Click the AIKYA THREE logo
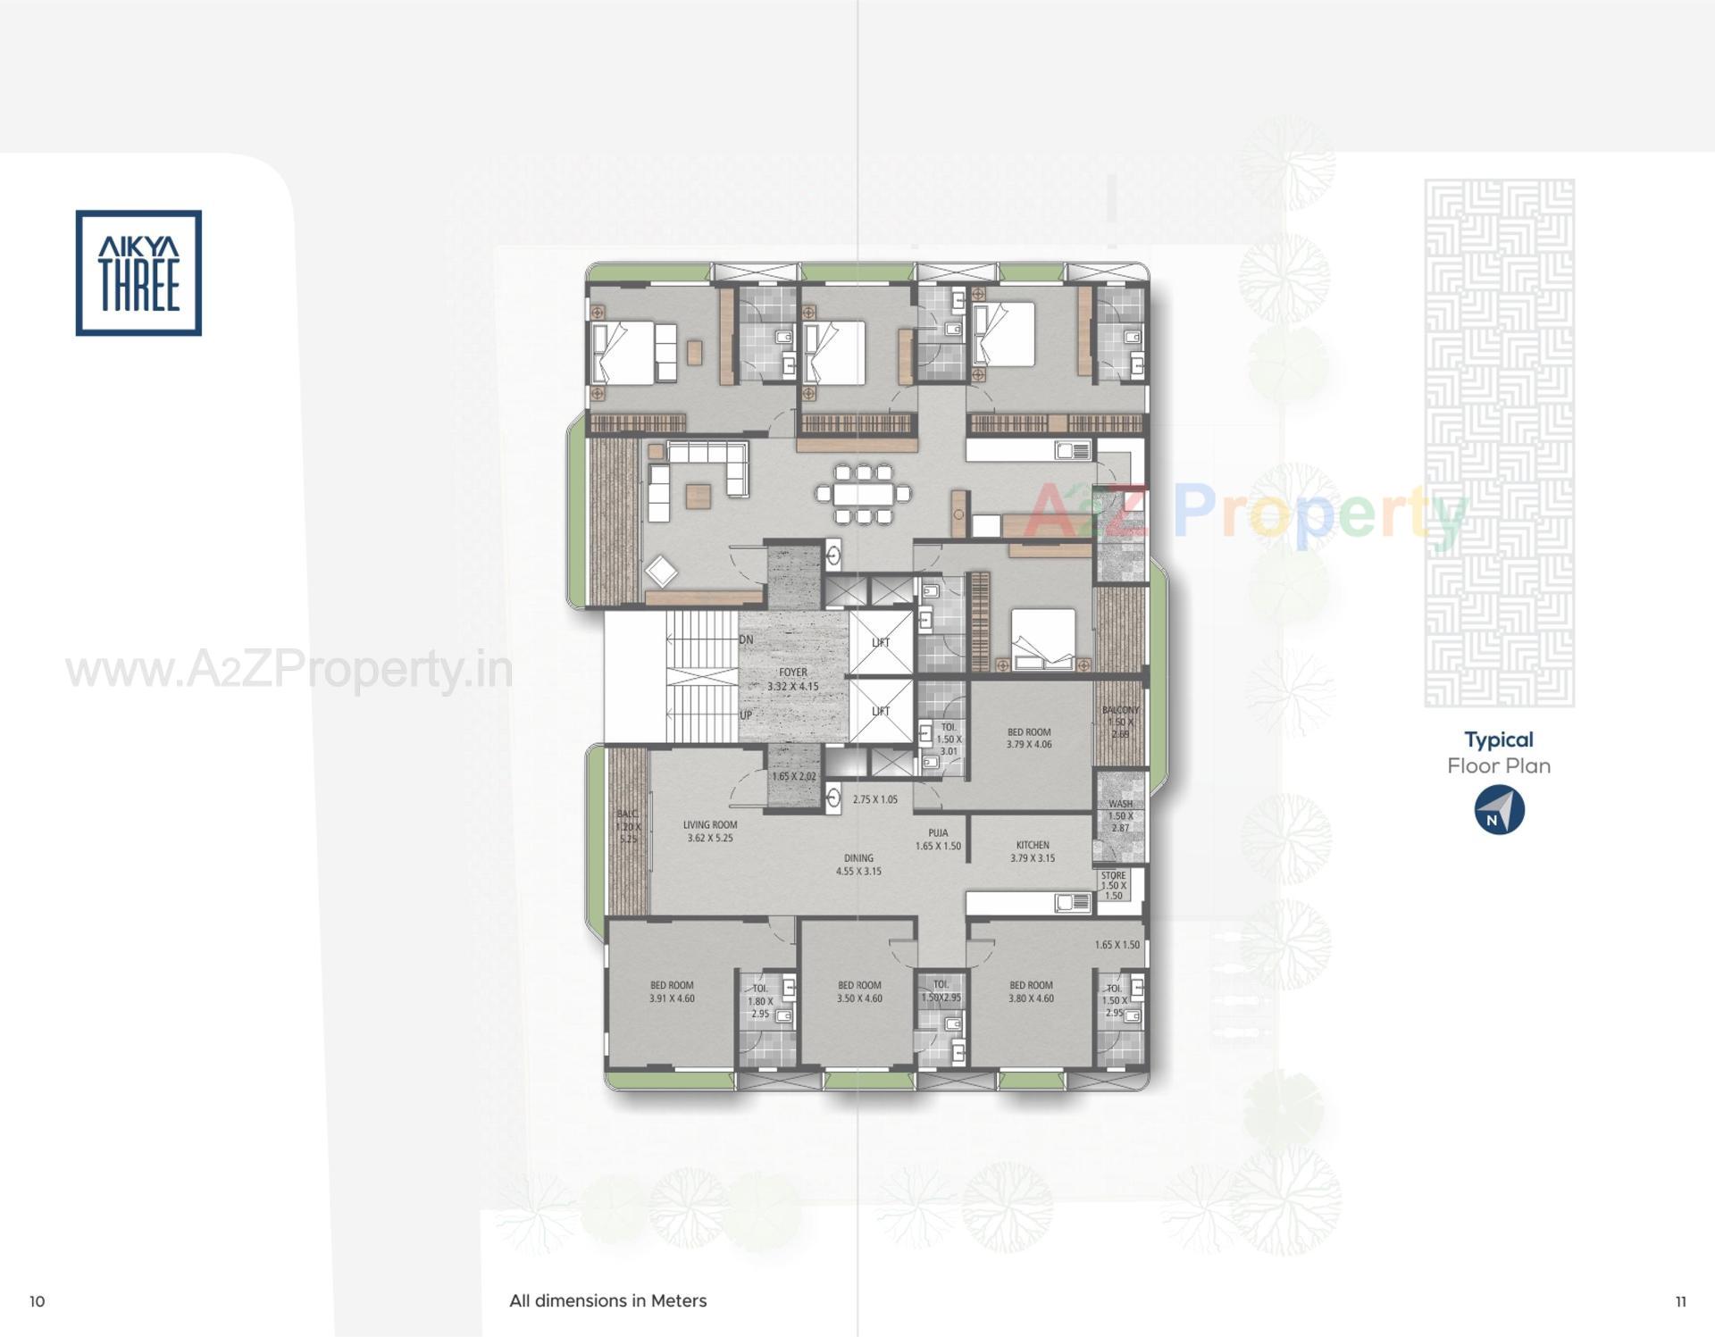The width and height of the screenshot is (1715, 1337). (138, 273)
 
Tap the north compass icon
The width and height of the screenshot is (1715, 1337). (1499, 810)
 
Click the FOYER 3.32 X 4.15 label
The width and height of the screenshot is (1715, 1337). (792, 680)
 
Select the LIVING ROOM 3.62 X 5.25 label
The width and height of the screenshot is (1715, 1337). (710, 831)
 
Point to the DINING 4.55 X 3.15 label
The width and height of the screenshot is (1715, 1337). (858, 865)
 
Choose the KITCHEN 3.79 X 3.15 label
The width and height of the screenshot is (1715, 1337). (1033, 851)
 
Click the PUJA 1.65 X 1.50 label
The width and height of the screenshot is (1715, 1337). (938, 840)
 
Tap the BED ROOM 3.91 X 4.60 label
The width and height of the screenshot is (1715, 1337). (672, 992)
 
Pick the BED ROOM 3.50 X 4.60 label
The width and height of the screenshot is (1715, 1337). (859, 992)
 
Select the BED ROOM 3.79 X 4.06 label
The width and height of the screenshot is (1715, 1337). (1029, 738)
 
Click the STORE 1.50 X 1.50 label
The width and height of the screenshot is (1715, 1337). (1113, 886)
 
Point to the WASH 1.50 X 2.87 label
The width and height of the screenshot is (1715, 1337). (1120, 815)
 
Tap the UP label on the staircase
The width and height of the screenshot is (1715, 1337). (746, 715)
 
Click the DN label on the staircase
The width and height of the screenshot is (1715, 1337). (746, 640)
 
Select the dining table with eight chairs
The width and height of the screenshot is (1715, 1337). (863, 493)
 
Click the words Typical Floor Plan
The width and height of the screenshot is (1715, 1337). (1499, 753)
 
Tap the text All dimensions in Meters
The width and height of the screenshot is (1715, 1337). (607, 1301)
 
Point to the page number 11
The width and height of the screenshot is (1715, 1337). (1680, 1302)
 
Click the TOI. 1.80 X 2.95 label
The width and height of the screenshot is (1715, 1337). (760, 1001)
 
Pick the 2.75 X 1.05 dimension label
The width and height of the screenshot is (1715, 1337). (874, 800)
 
